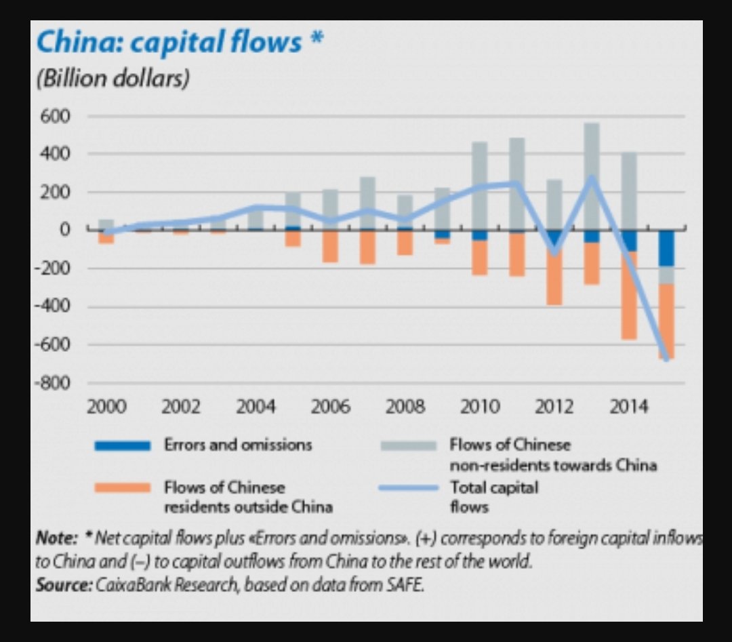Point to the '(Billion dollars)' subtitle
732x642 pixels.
coord(112,79)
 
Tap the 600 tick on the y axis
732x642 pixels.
coord(58,117)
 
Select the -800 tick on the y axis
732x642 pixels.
coord(54,383)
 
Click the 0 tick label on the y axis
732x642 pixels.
coord(66,230)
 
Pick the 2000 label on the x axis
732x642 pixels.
coord(106,407)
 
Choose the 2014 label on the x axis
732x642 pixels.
coord(628,407)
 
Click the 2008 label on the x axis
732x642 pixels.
coord(405,407)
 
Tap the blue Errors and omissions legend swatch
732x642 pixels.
coord(123,445)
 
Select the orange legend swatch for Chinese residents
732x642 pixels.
coord(123,488)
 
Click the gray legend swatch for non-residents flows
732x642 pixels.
coord(408,445)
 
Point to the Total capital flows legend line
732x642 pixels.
coord(408,488)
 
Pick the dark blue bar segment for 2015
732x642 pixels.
coord(666,248)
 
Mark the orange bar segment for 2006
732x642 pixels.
coord(331,246)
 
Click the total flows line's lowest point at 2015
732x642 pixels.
coord(666,359)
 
